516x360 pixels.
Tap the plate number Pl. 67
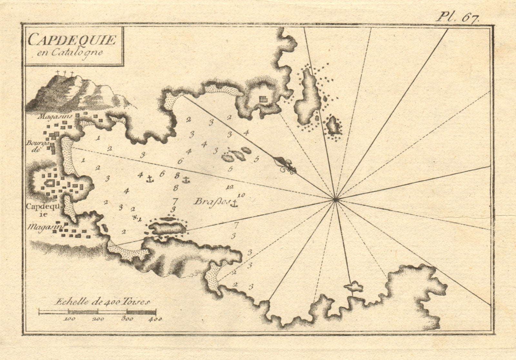point(458,17)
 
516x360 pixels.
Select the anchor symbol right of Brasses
point(235,204)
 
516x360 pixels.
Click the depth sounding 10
point(241,195)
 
